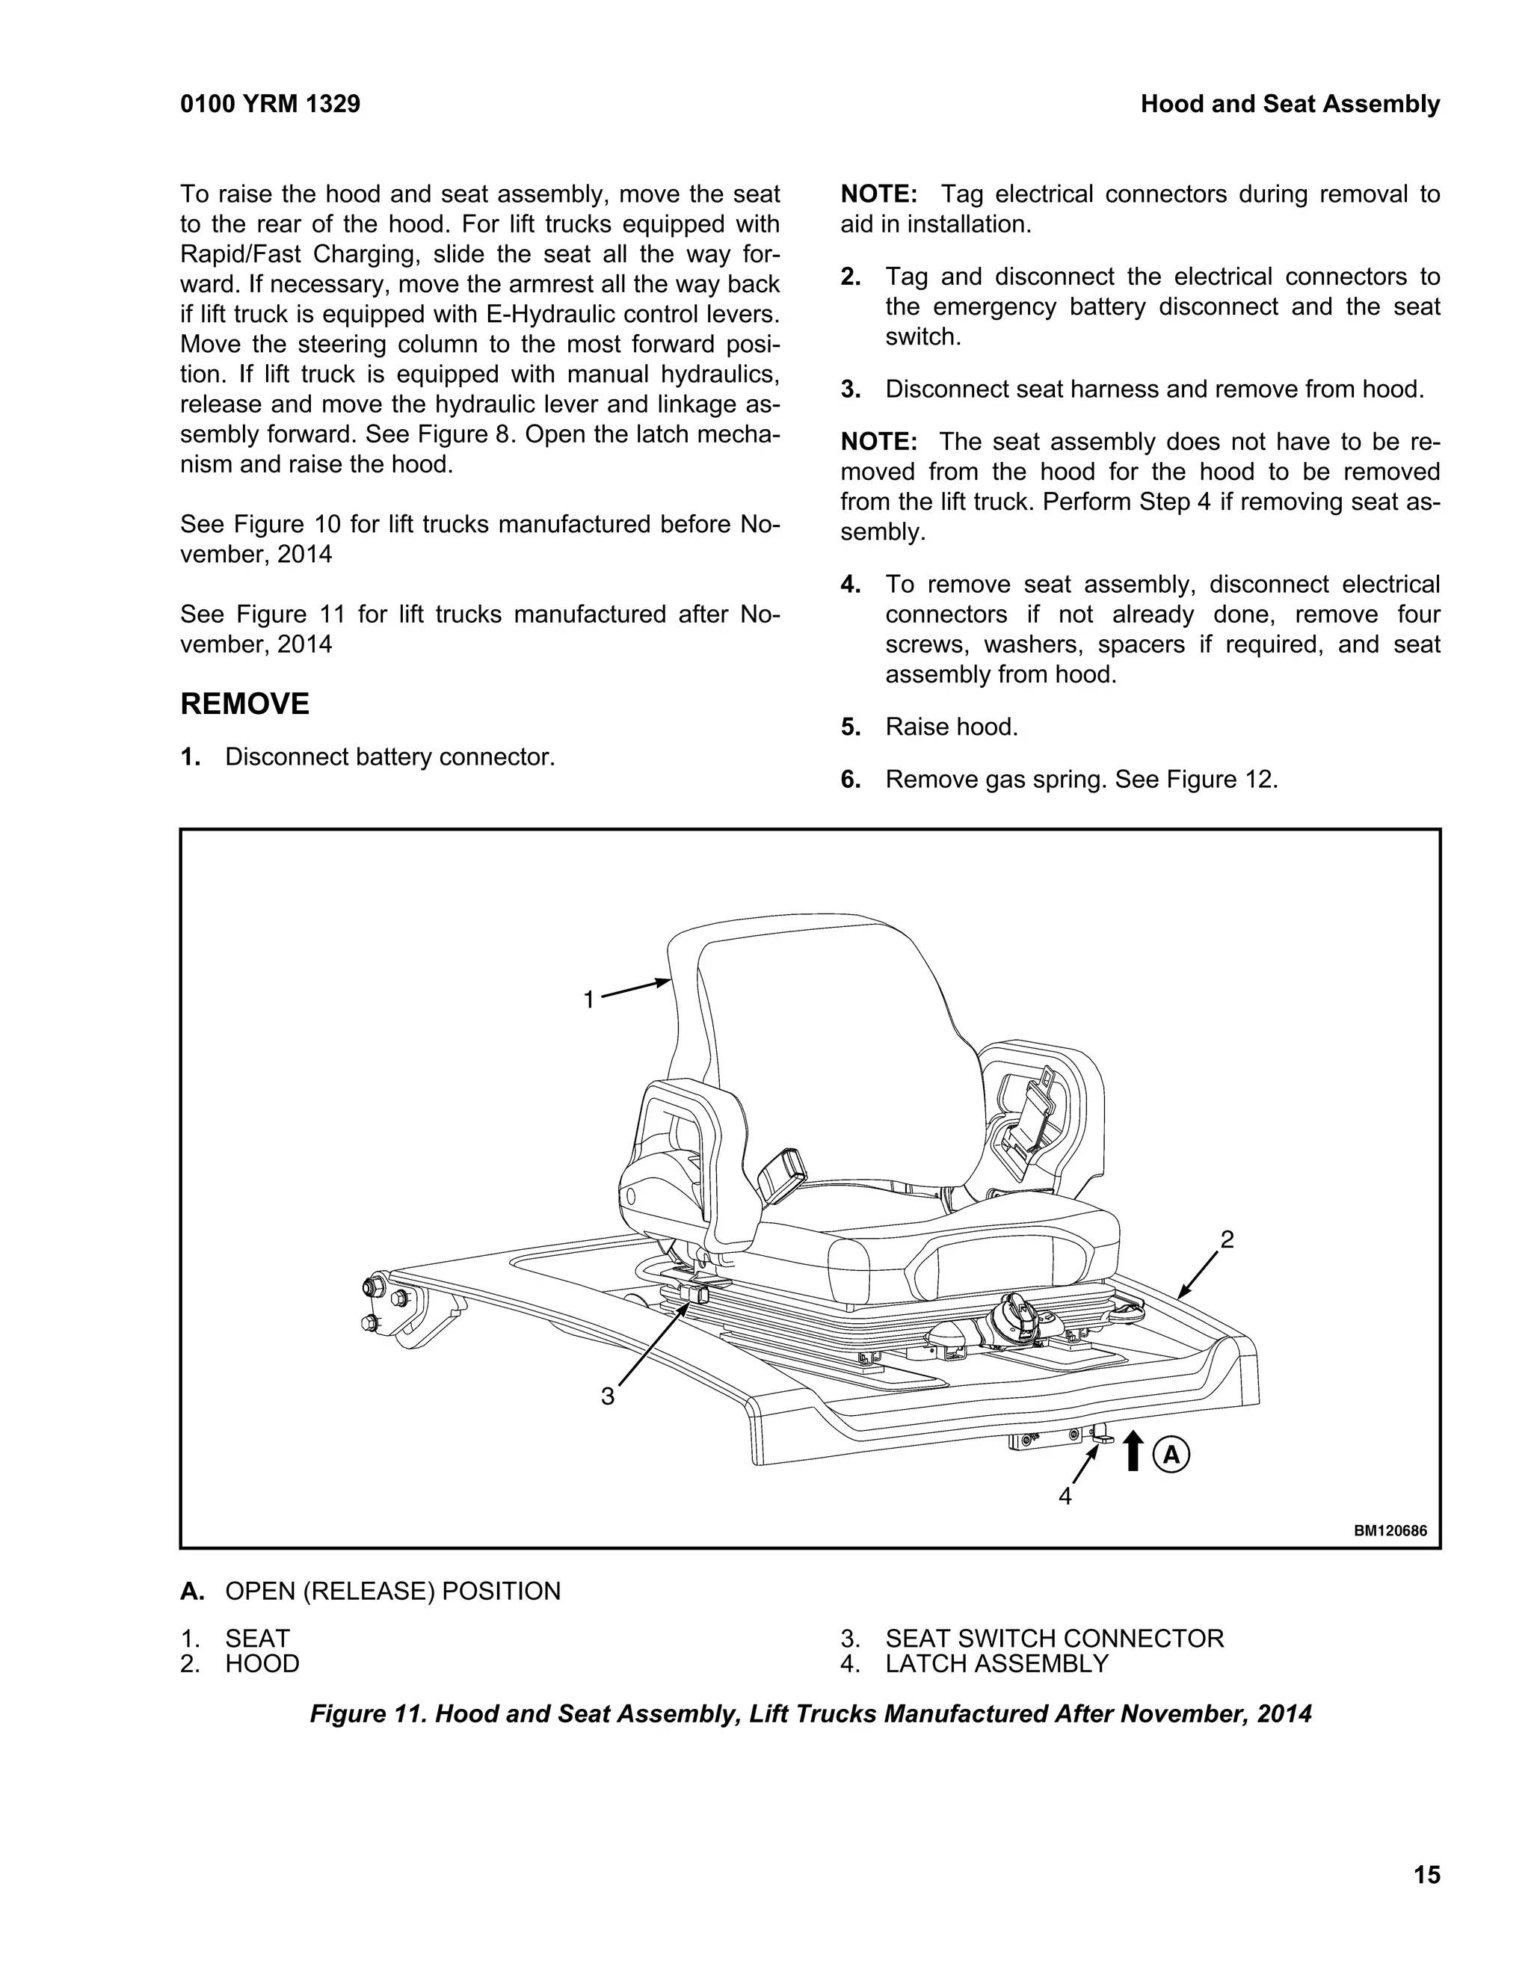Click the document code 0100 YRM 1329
pos(271,105)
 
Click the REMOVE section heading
pos(245,704)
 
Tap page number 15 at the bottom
pos(1426,1874)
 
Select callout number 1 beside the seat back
pos(588,999)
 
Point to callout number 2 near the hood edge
pos(1227,1239)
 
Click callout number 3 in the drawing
pos(608,1396)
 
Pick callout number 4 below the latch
pos(1066,1496)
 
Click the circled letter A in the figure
pos(1171,1455)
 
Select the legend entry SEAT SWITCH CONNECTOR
pos(1054,1638)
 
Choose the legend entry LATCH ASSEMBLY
pos(996,1663)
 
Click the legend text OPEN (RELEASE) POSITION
pos(392,1591)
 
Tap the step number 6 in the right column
pos(850,779)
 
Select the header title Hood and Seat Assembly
pos(1290,105)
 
